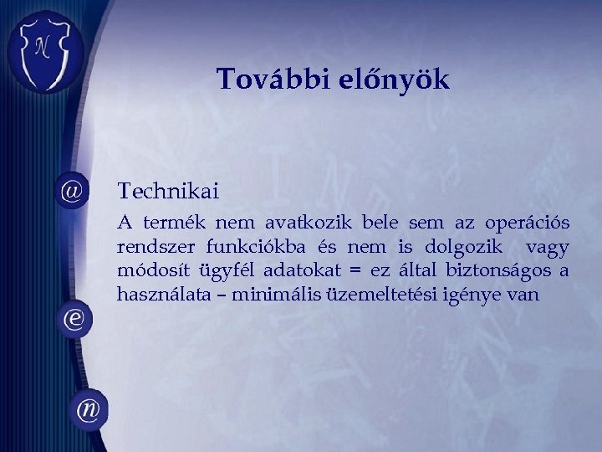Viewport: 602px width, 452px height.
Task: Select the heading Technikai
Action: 168,192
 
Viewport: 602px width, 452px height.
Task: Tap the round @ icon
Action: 72,191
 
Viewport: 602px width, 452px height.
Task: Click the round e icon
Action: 73,320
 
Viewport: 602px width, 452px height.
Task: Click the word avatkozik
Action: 310,223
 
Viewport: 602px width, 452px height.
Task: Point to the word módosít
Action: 153,271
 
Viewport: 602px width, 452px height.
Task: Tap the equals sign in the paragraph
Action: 356,272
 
